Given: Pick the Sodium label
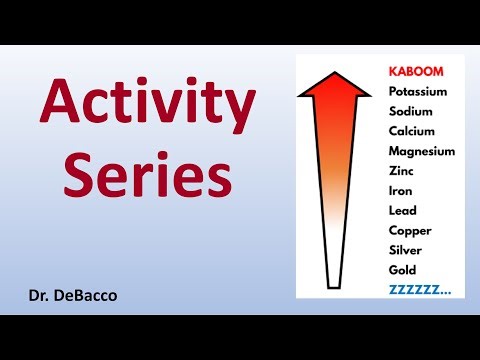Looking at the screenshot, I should click(x=411, y=112).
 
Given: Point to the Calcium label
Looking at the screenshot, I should click(x=412, y=132).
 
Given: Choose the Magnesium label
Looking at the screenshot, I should click(x=421, y=152).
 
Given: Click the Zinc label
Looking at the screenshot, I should click(x=401, y=171).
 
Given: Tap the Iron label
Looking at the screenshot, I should click(x=400, y=191).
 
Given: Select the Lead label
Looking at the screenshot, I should click(x=402, y=210).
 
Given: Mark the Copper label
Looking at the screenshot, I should click(x=409, y=230).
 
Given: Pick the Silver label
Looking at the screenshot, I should click(x=407, y=250).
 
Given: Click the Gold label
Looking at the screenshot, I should click(x=402, y=270).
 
